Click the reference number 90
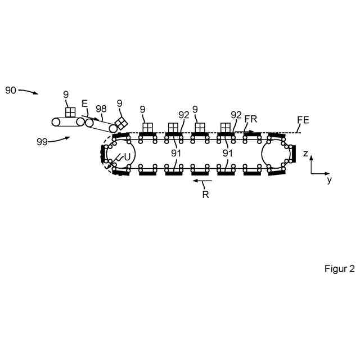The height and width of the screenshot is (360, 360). pyautogui.click(x=11, y=90)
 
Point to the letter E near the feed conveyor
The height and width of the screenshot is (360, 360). pyautogui.click(x=84, y=103)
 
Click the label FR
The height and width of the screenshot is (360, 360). pyautogui.click(x=251, y=119)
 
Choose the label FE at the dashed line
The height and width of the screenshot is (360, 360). pyautogui.click(x=303, y=119)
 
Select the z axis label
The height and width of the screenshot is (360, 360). pyautogui.click(x=305, y=153)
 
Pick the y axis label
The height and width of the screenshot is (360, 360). pyautogui.click(x=329, y=180)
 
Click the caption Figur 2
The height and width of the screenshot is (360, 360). pyautogui.click(x=339, y=268)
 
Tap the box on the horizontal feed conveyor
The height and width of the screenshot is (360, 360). pyautogui.click(x=70, y=112)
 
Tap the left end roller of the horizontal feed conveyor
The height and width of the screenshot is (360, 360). pyautogui.click(x=56, y=121)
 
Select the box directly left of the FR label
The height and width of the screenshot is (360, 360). pyautogui.click(x=226, y=128)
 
